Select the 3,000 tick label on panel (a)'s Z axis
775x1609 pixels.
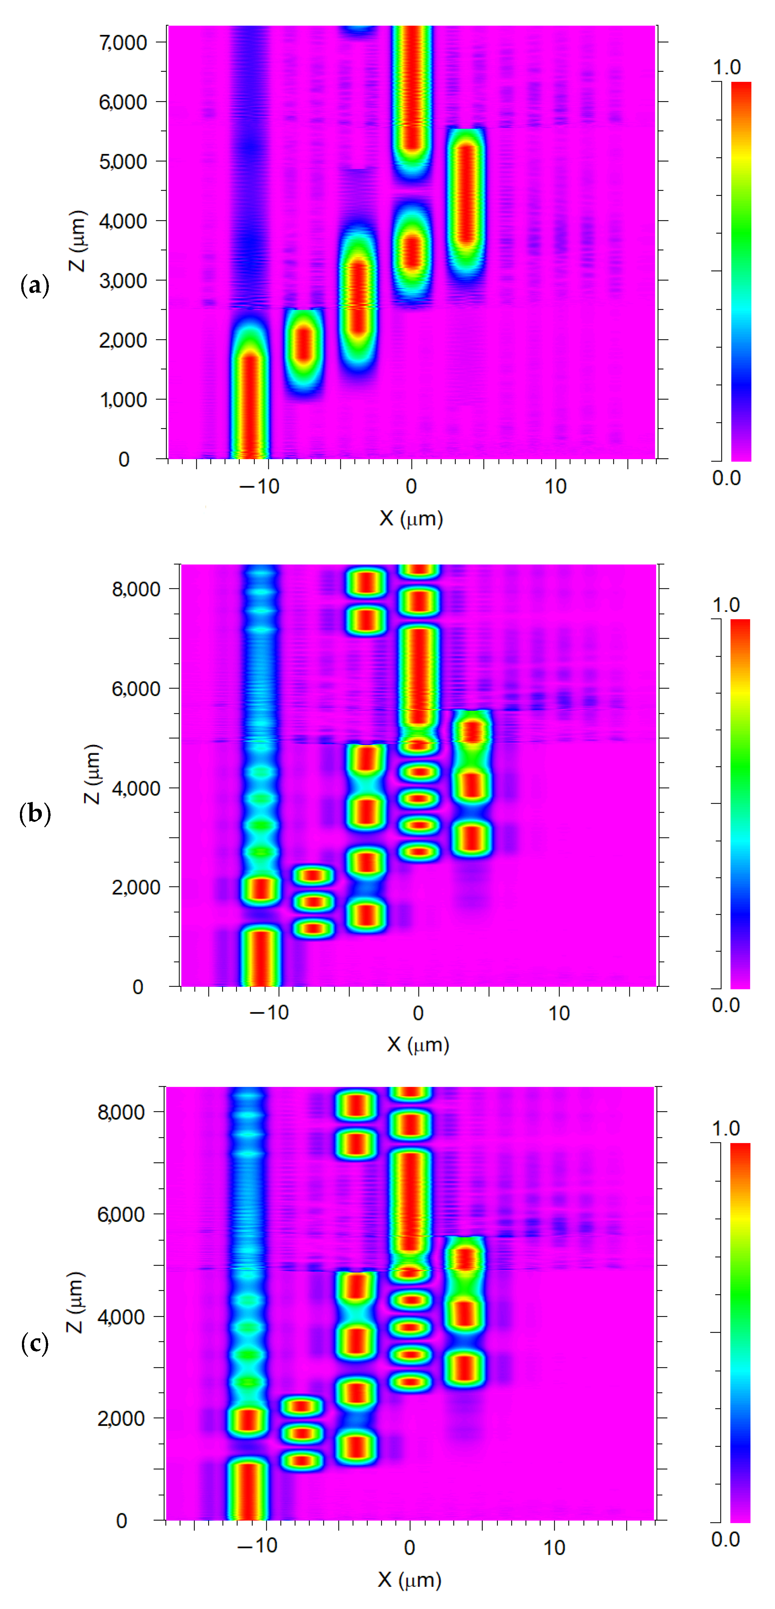123,280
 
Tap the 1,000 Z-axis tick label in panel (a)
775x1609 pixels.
123,400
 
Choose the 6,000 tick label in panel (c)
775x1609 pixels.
121,1214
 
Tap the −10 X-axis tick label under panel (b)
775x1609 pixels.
269,1013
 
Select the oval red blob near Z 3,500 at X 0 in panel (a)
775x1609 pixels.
411,250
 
